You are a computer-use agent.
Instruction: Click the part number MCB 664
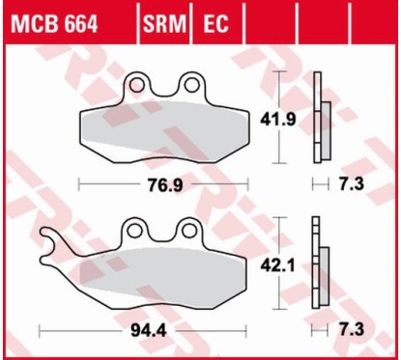click(54, 24)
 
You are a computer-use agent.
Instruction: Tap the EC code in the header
click(215, 24)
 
